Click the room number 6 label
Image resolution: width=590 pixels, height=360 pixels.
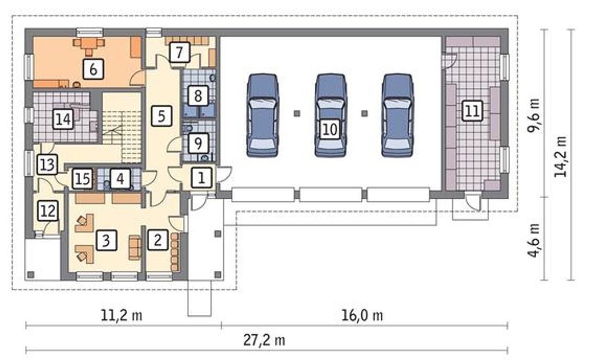[x=93, y=69]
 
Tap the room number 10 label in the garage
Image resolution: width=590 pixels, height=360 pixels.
[x=330, y=130]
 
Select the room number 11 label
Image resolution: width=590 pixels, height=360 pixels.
[x=472, y=111]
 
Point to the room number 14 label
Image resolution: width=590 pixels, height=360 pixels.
[x=63, y=119]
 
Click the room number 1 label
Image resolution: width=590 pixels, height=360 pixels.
[x=201, y=178]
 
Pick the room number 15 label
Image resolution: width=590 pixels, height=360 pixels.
[x=83, y=179]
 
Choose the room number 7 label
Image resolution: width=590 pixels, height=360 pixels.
[x=180, y=53]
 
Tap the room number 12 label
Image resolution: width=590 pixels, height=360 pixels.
[x=47, y=211]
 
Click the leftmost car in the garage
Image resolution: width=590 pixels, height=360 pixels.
[x=263, y=115]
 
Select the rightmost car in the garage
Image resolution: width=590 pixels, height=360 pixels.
[x=398, y=115]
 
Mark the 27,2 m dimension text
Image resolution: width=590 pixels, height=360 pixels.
[x=264, y=341]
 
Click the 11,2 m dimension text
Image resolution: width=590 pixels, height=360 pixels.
[x=121, y=315]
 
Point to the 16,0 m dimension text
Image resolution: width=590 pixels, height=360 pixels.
[x=362, y=315]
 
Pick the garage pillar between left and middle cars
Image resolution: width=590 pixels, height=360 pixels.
[x=297, y=113]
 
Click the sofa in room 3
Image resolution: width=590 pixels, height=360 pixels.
[x=135, y=248]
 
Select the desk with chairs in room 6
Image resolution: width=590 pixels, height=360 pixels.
[x=89, y=46]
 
